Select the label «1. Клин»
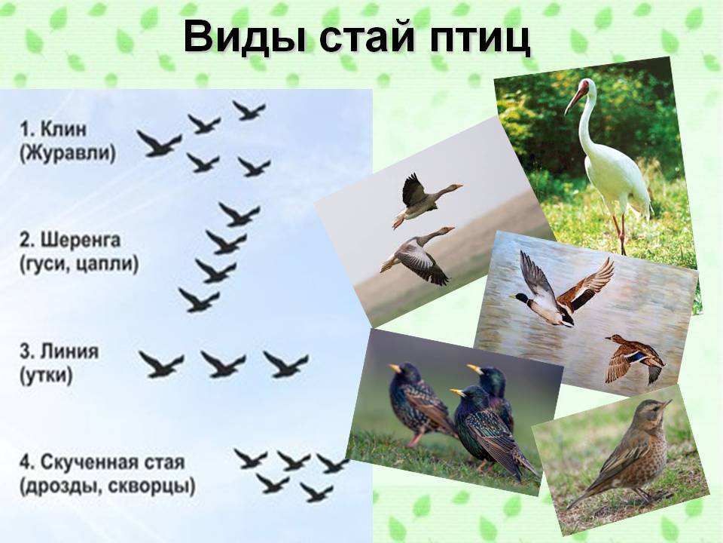pyautogui.click(x=53, y=129)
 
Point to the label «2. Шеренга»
pyautogui.click(x=70, y=240)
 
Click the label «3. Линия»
pyautogui.click(x=59, y=351)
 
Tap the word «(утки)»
pyautogui.click(x=46, y=376)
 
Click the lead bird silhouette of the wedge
pyautogui.click(x=159, y=144)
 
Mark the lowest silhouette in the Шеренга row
pyautogui.click(x=199, y=300)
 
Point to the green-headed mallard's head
pyautogui.click(x=521, y=299)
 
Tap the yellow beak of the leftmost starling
pyautogui.click(x=395, y=369)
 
